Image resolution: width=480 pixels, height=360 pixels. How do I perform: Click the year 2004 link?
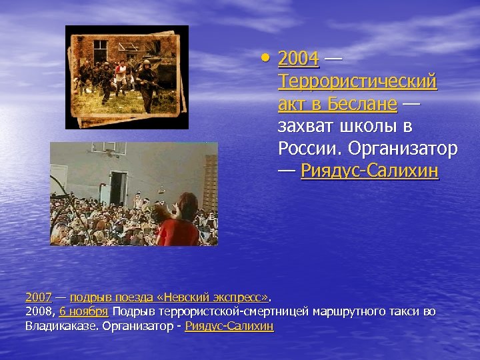(x=298, y=59)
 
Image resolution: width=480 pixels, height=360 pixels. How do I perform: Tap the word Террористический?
(x=357, y=82)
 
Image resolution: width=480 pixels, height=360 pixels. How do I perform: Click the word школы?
(x=368, y=126)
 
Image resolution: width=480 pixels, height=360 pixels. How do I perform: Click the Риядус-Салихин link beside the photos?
(x=369, y=171)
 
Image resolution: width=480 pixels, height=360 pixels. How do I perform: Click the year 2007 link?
(x=39, y=297)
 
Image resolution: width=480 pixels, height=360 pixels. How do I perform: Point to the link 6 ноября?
(x=83, y=311)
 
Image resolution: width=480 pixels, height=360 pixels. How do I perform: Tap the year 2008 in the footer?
(x=39, y=311)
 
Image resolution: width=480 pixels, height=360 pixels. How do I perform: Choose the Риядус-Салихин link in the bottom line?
(x=229, y=326)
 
